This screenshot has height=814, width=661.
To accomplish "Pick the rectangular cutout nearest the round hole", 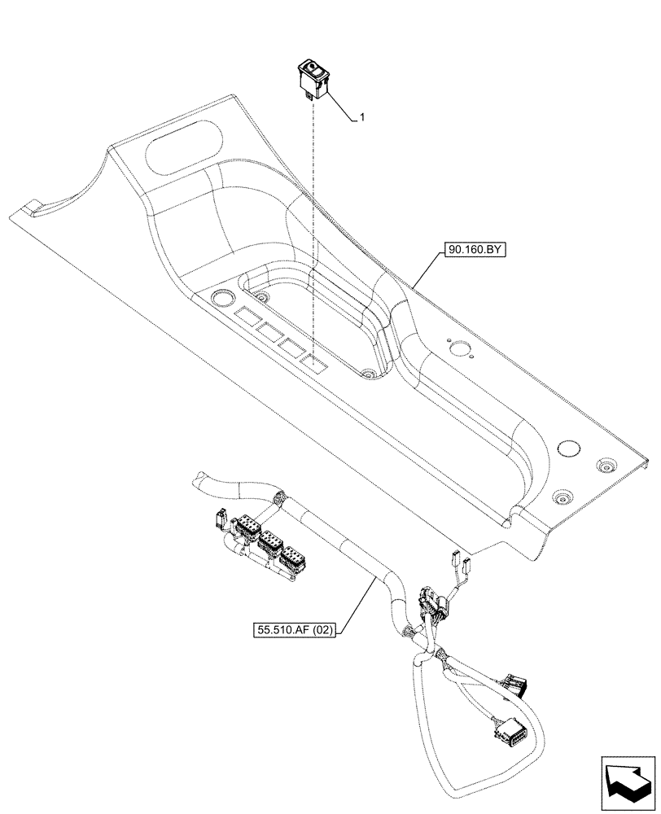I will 247,315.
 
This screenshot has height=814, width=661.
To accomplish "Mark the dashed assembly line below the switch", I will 313,228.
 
